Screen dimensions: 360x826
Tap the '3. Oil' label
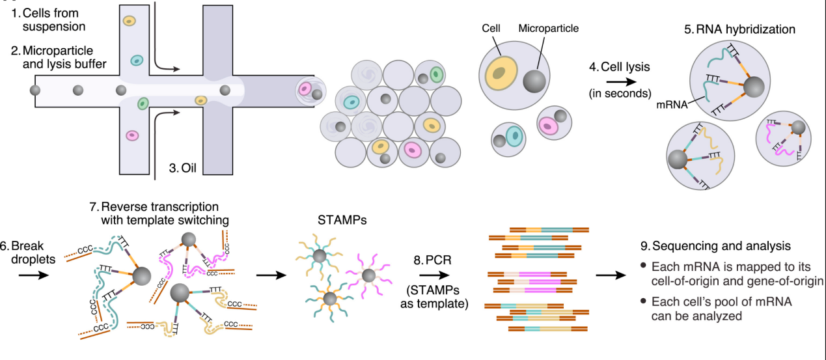tap(183, 167)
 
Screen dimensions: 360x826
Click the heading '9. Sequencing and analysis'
tap(715, 246)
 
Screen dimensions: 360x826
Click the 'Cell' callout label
tap(491, 29)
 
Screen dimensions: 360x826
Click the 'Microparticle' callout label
tap(548, 29)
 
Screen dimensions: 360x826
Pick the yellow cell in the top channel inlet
tap(129, 21)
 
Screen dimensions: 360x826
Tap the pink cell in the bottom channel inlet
tap(132, 135)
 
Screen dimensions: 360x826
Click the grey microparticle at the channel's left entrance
tap(34, 89)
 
